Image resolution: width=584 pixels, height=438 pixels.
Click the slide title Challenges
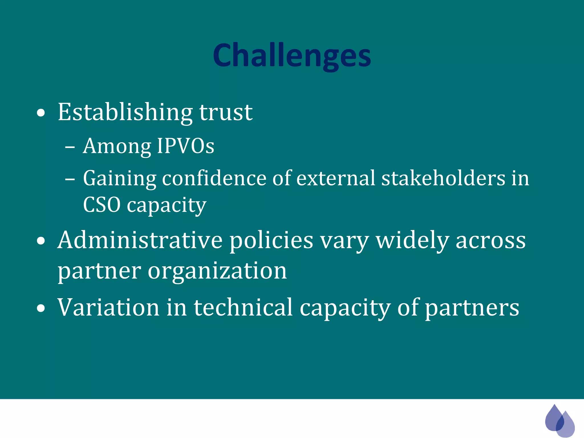[292, 56]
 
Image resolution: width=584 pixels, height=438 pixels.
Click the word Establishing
[125, 112]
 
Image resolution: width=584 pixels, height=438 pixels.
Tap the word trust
[226, 112]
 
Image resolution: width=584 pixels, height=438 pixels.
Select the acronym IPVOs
[186, 146]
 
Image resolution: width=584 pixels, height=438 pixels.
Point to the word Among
[117, 146]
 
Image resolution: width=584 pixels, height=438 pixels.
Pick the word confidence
[214, 178]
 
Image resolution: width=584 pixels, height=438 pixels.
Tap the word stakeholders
[443, 178]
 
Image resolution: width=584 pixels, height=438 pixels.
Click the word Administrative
[140, 240]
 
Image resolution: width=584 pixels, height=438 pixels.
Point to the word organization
[217, 271]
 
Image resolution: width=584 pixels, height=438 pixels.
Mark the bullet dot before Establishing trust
[41, 113]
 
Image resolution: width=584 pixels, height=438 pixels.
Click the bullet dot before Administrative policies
[41, 241]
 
